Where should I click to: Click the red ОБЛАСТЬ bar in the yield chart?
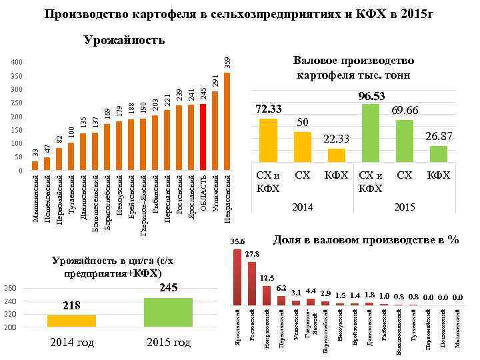203,137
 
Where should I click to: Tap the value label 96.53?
372,97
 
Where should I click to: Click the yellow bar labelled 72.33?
268,140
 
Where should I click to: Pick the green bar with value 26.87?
438,154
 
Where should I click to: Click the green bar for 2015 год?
168,313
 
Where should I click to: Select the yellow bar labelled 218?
71,321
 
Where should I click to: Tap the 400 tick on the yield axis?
17,63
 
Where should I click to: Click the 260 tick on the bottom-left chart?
10,289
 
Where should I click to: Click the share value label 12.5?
267,278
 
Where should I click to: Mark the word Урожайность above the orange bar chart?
124,41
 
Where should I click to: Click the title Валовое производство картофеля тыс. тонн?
353,67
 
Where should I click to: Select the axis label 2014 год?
71,343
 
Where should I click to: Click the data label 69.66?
404,110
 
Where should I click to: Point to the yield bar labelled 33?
35,166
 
